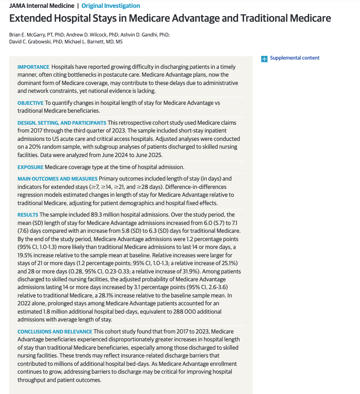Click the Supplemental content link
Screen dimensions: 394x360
[294, 58]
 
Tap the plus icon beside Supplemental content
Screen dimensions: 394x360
[264, 59]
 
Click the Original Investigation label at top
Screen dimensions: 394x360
[110, 6]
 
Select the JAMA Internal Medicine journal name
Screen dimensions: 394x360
[41, 6]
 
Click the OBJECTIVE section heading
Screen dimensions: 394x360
[30, 103]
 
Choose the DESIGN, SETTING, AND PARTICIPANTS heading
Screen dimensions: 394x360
[61, 123]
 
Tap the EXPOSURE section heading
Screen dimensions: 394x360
[30, 167]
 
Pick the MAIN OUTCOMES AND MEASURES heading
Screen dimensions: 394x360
[57, 179]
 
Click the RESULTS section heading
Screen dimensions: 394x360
[28, 215]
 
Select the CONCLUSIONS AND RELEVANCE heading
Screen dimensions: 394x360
[55, 332]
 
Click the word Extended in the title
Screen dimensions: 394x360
[32, 18]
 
